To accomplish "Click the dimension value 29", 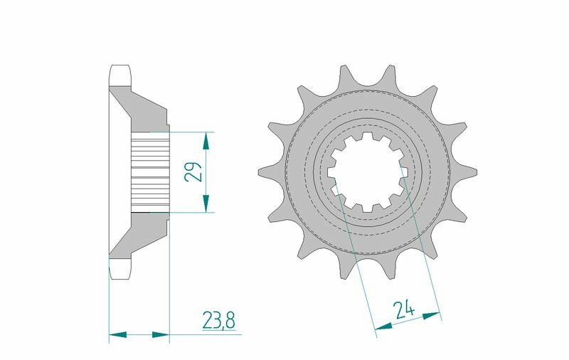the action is [193, 171].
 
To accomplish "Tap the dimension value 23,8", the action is [218, 321].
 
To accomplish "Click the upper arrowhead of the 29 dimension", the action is [206, 141].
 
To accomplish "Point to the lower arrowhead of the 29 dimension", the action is [206, 203].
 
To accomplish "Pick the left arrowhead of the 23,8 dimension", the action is [117, 334].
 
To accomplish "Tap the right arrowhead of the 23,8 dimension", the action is [161, 334].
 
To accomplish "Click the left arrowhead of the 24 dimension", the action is [383, 327].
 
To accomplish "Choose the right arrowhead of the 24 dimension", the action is [432, 316].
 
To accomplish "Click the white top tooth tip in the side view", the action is [119, 75].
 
